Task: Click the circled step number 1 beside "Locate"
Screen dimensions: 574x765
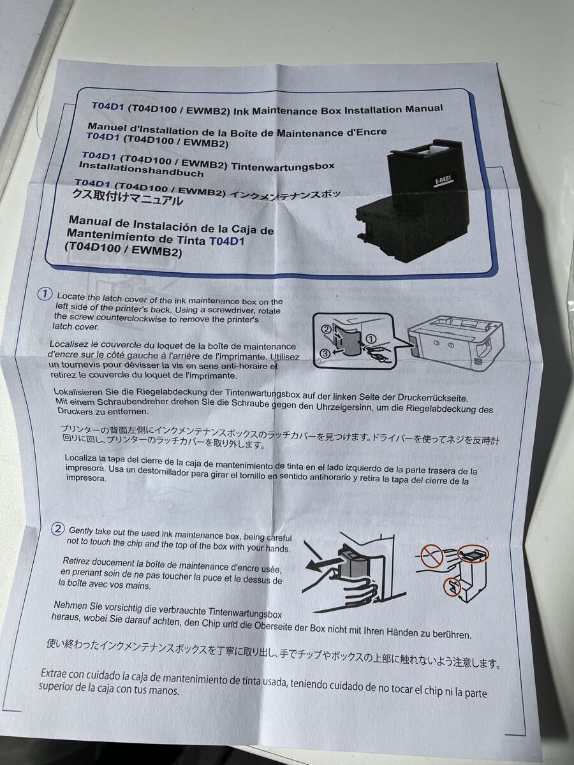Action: pyautogui.click(x=45, y=295)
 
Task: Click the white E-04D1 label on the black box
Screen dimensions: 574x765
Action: pyautogui.click(x=443, y=181)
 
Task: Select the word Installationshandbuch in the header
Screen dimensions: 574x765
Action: pyautogui.click(x=141, y=170)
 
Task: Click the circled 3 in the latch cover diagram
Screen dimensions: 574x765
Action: pyautogui.click(x=325, y=353)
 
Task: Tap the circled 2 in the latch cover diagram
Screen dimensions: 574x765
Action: pyautogui.click(x=325, y=329)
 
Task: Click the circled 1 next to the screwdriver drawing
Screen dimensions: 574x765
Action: pyautogui.click(x=372, y=339)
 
